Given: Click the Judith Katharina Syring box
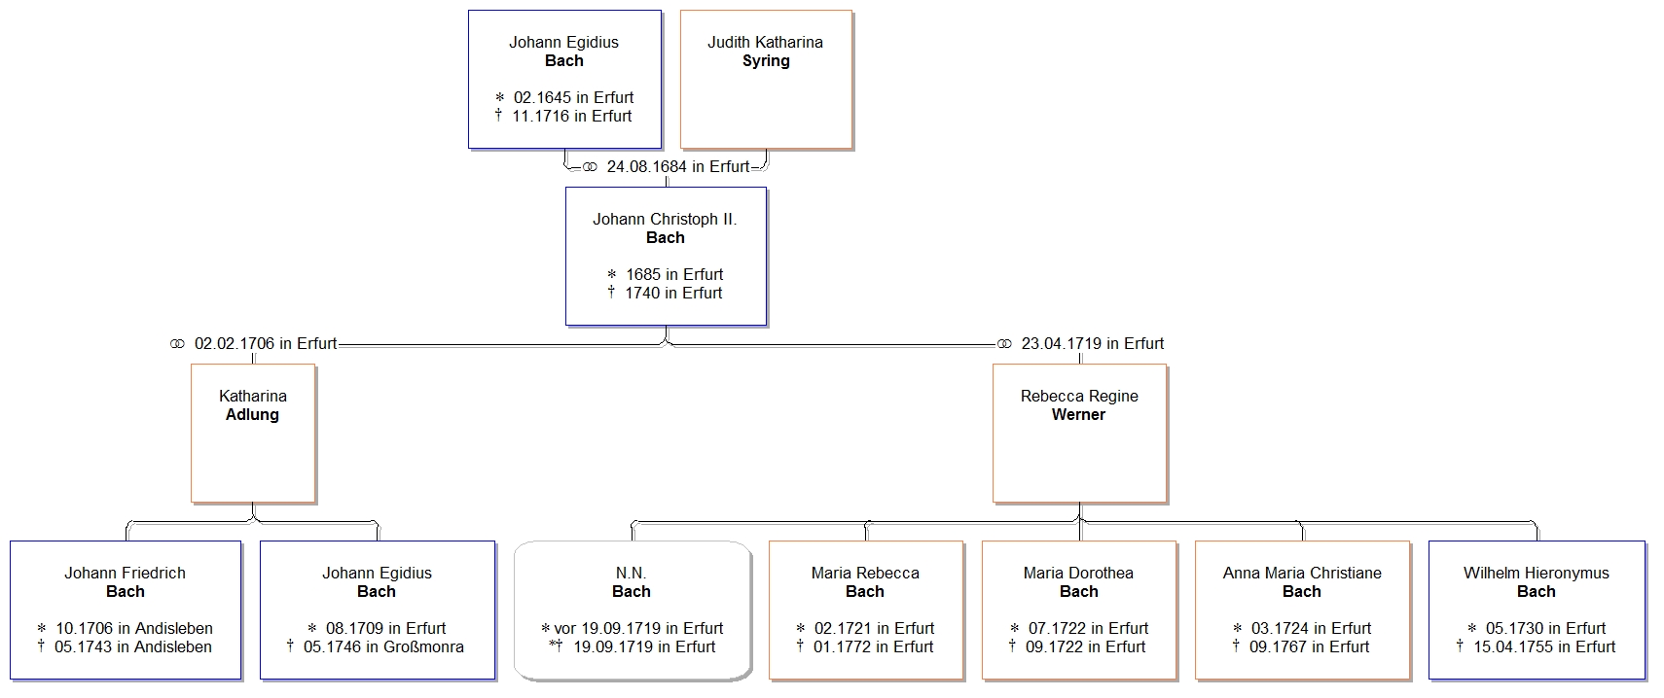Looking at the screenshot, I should pyautogui.click(x=766, y=80).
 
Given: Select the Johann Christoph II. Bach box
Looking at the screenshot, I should pyautogui.click(x=666, y=256).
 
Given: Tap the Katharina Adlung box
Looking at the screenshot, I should pyautogui.click(x=253, y=434).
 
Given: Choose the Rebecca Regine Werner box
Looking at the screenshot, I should pyautogui.click(x=1079, y=434).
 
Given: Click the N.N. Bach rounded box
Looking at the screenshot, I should pyautogui.click(x=633, y=611).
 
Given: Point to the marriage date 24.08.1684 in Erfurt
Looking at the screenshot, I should pyautogui.click(x=677, y=167).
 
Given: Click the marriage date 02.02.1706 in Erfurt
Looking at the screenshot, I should pyautogui.click(x=265, y=344).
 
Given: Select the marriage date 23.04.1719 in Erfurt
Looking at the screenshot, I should pyautogui.click(x=1092, y=344).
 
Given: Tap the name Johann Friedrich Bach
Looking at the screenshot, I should pyautogui.click(x=125, y=582).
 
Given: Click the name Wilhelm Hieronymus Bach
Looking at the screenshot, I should pyautogui.click(x=1536, y=582).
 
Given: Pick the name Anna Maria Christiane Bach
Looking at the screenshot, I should pyautogui.click(x=1302, y=582).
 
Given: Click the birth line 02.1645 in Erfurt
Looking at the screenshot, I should pyautogui.click(x=573, y=98).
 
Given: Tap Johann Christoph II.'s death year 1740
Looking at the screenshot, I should pyautogui.click(x=642, y=294).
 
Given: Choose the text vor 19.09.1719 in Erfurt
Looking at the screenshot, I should pyautogui.click(x=638, y=629).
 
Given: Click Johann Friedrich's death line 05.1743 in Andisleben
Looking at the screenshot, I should pyautogui.click(x=132, y=647).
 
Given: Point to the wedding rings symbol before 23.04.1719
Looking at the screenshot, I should pyautogui.click(x=1004, y=344).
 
